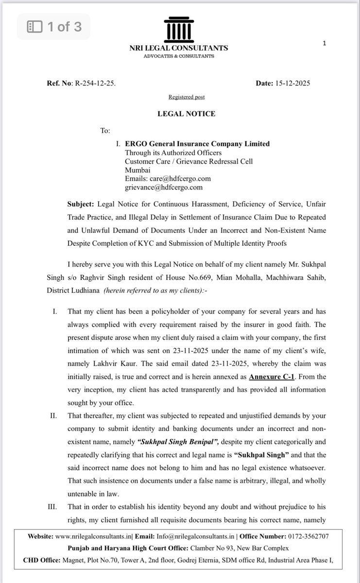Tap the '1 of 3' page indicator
click(54, 27)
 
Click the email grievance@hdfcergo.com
click(164, 187)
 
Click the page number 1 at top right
click(324, 43)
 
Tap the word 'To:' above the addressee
click(105, 131)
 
